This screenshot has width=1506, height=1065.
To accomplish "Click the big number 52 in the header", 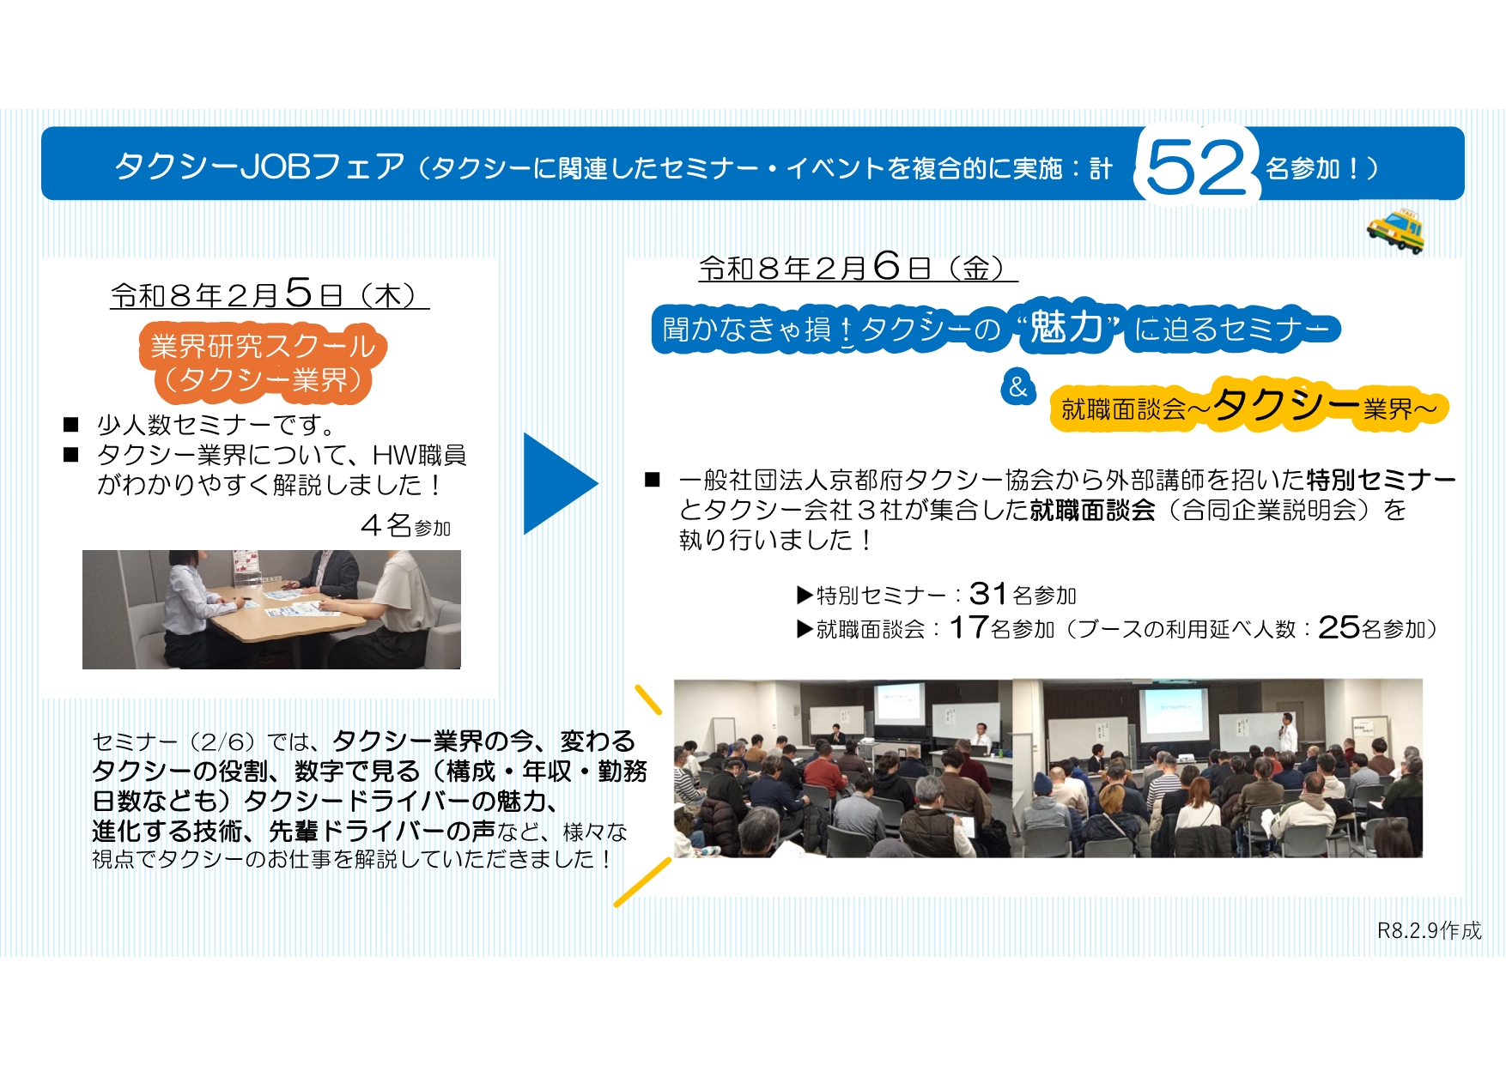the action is (x=1196, y=166).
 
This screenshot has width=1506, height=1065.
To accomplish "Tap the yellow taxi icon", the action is (x=1396, y=229).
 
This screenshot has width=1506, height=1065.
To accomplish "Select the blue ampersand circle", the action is (x=1018, y=387).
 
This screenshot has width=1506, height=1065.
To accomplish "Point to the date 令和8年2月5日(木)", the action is (x=270, y=294).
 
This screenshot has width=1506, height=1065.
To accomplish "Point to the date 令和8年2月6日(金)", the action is (x=858, y=267).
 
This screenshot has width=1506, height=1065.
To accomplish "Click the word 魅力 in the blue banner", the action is (x=1066, y=327).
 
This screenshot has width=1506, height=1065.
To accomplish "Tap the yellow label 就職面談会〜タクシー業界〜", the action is (x=1249, y=406).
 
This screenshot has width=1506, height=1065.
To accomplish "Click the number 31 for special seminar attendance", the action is (x=987, y=593).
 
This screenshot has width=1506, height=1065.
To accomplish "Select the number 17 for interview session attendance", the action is (x=968, y=627).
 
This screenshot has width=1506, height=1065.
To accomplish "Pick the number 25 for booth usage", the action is (x=1339, y=627).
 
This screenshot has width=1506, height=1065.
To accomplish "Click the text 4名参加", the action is (x=405, y=525).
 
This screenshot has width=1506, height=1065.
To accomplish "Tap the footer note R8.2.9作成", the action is (x=1430, y=930).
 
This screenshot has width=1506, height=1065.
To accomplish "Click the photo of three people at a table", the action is (x=271, y=609).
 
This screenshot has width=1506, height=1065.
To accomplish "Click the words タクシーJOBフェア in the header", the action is (x=259, y=166).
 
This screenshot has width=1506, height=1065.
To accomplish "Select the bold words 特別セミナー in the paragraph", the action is (x=1381, y=479).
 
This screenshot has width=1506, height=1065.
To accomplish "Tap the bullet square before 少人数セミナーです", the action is (x=71, y=424).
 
